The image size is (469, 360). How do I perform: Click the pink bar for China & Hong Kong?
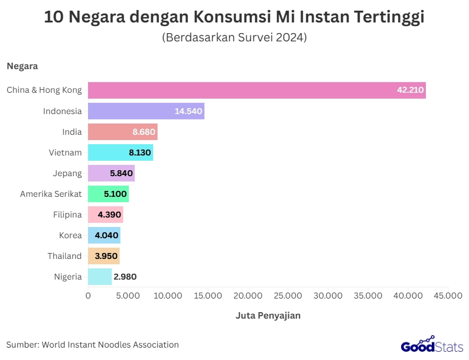click(x=257, y=90)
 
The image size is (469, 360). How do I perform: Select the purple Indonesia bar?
click(x=146, y=111)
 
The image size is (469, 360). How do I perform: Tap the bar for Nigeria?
click(x=100, y=277)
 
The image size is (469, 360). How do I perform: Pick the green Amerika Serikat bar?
click(x=108, y=194)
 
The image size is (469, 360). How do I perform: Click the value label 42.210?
click(x=410, y=90)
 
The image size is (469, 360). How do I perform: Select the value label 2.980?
click(x=125, y=277)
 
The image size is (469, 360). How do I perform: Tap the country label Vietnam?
click(x=65, y=153)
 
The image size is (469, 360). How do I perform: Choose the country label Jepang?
click(x=67, y=173)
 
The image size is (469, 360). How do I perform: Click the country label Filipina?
click(x=67, y=215)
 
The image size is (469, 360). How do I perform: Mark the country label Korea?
click(x=70, y=235)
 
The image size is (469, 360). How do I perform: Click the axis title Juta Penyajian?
click(x=268, y=316)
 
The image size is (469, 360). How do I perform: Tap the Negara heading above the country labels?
click(x=22, y=66)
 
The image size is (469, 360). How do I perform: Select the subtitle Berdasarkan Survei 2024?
click(x=234, y=37)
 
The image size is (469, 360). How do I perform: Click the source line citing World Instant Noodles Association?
click(x=92, y=345)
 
